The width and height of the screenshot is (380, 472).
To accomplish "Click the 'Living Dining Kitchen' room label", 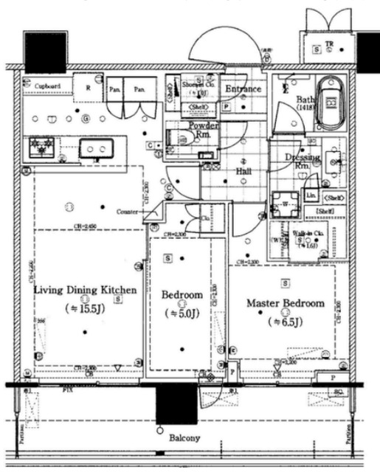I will (x=86, y=291).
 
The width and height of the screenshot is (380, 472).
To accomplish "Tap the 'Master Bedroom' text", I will (x=285, y=303).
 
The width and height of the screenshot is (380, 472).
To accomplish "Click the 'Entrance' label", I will (x=243, y=89).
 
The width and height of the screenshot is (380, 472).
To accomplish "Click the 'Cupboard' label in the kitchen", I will (x=47, y=86).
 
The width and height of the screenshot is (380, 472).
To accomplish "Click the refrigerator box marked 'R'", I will (x=89, y=86).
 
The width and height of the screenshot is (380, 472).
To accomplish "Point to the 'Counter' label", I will (x=128, y=212).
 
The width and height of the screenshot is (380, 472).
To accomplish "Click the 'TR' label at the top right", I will (x=329, y=45).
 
